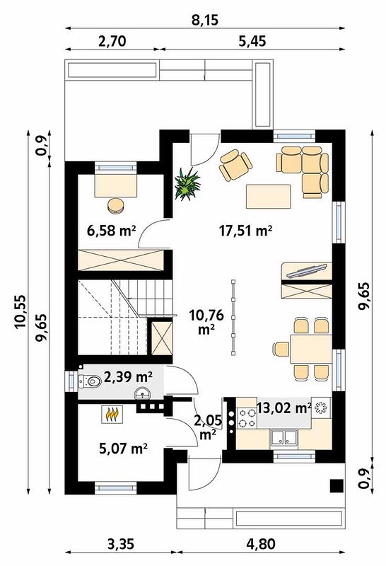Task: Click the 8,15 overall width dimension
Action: click(x=204, y=20)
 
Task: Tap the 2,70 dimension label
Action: click(x=112, y=41)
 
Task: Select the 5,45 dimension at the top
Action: click(x=252, y=41)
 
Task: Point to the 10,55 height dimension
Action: click(x=21, y=311)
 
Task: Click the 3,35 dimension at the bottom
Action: click(x=121, y=543)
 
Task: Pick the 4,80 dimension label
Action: click(x=261, y=543)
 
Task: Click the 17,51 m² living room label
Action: click(x=246, y=230)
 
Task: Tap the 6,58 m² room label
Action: click(x=112, y=230)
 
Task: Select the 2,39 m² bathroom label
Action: click(x=128, y=377)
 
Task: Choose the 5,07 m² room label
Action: click(x=123, y=449)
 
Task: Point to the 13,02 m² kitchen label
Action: click(x=284, y=408)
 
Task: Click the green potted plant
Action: click(x=187, y=184)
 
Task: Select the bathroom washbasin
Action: click(x=144, y=393)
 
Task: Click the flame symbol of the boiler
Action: click(x=113, y=415)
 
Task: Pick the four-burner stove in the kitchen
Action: click(x=247, y=417)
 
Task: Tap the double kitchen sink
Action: click(x=285, y=437)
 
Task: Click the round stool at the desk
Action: click(x=116, y=205)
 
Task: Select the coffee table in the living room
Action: click(x=269, y=197)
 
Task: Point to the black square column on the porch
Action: click(x=337, y=485)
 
